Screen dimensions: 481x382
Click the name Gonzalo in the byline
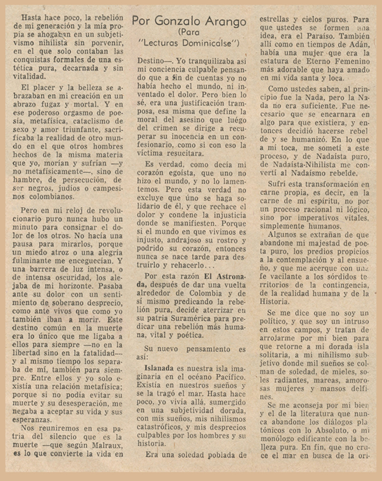tap(181, 21)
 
